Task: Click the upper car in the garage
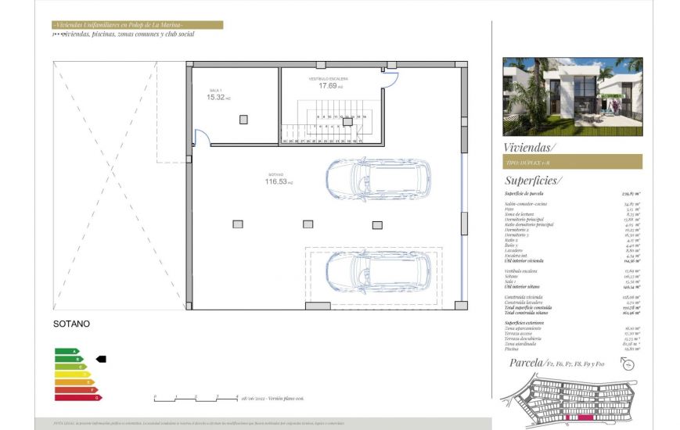pyautogui.click(x=378, y=179)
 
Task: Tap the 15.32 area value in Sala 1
pyautogui.click(x=217, y=98)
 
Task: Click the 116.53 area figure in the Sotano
pyautogui.click(x=276, y=181)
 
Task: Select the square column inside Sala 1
pyautogui.click(x=243, y=119)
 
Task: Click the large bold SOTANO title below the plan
pyautogui.click(x=71, y=324)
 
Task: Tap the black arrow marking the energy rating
pyautogui.click(x=100, y=359)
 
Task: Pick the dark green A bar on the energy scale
pyautogui.click(x=67, y=351)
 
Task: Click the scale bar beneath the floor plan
pyautogui.click(x=196, y=397)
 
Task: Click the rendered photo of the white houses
pyautogui.click(x=572, y=96)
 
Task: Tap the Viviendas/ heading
pyautogui.click(x=531, y=147)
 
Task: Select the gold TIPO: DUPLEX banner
pyautogui.click(x=572, y=162)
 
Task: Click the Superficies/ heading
pyautogui.click(x=534, y=180)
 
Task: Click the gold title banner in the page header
pyautogui.click(x=137, y=25)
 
